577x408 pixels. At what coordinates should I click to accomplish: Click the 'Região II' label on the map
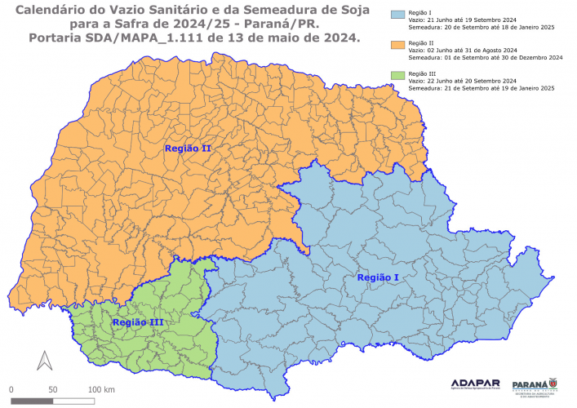[188, 149]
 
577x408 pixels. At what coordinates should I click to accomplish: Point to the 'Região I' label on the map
[378, 278]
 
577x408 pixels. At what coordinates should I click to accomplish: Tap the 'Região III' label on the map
[137, 323]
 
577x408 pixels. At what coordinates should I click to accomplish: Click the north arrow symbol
[45, 360]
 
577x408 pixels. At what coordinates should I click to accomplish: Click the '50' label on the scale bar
[52, 389]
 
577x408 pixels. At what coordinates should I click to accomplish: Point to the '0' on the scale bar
[11, 389]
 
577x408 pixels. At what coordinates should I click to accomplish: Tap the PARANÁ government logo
[535, 384]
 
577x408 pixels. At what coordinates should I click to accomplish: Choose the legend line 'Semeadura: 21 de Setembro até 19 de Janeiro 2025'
[482, 89]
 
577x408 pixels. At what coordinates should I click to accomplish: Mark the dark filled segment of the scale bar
[32, 400]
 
